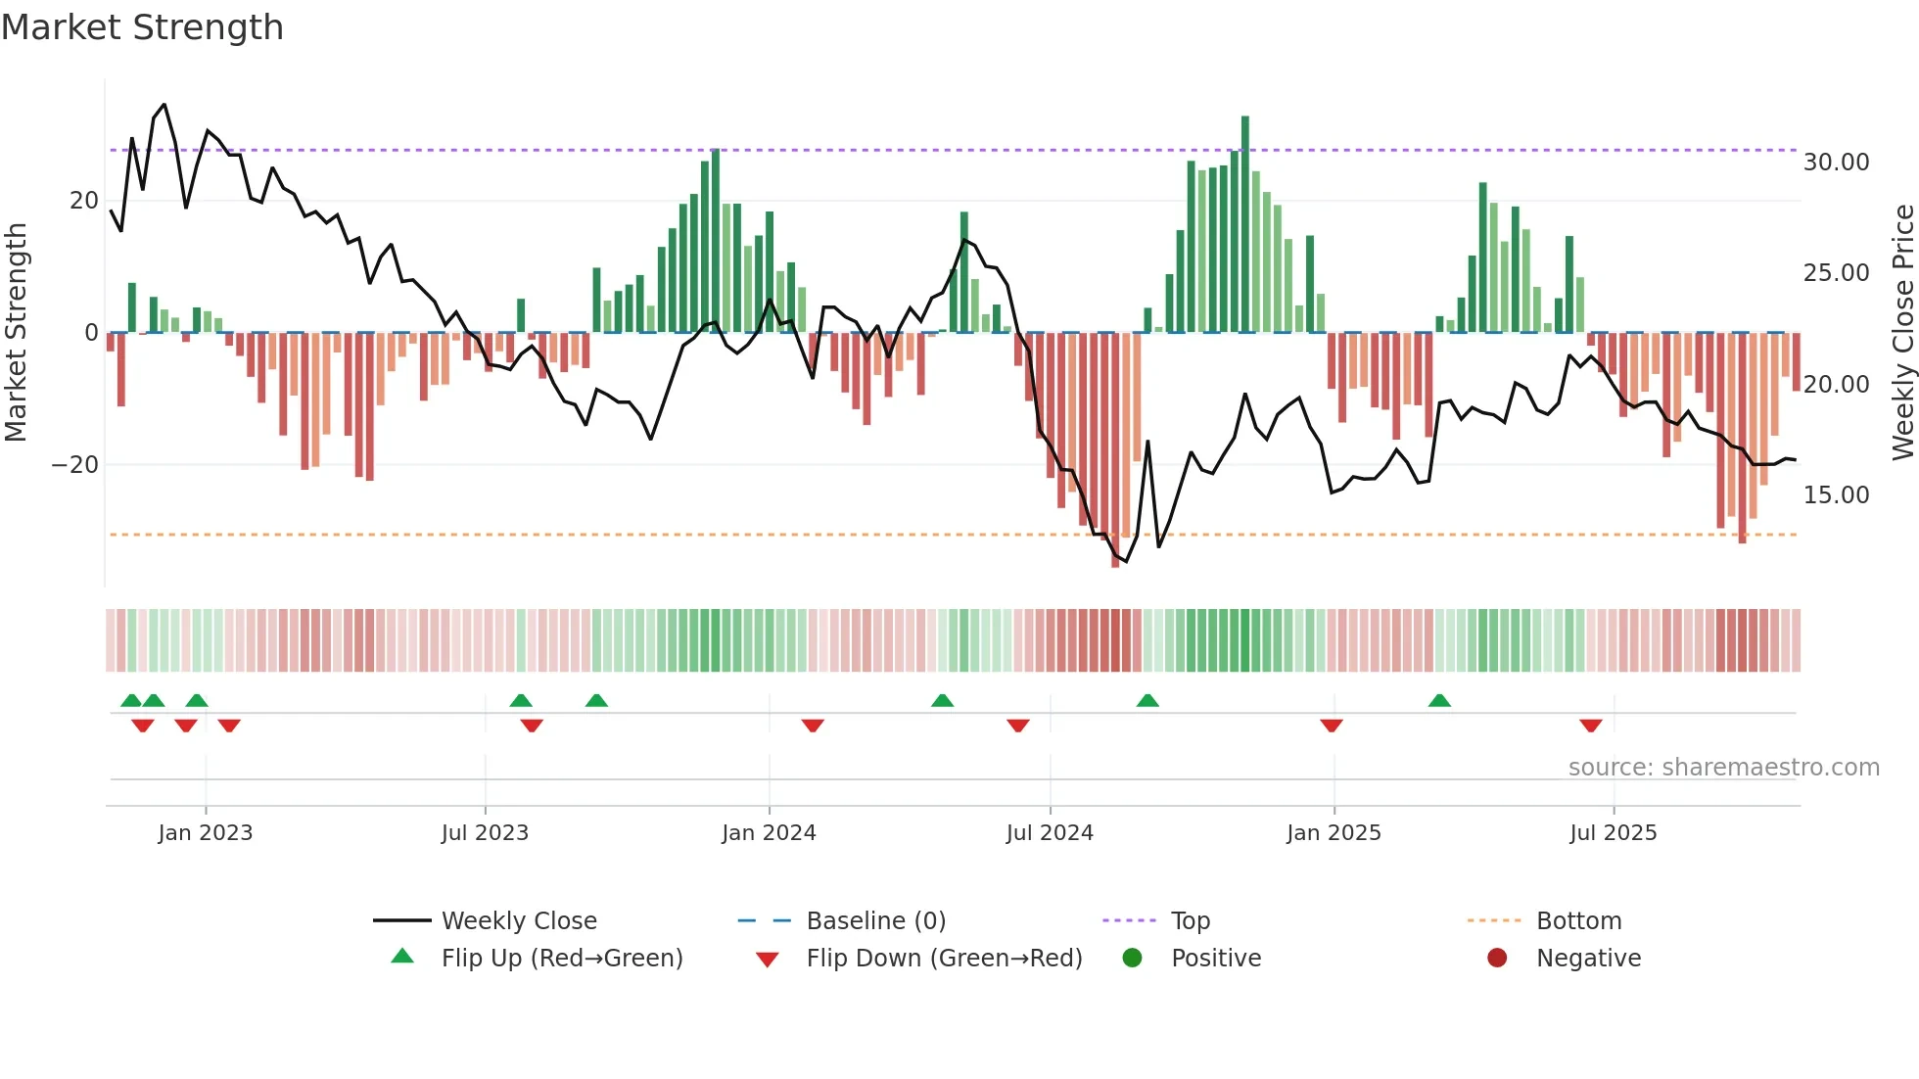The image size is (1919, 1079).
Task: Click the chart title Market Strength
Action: coord(142,27)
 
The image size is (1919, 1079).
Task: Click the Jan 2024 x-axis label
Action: coord(769,833)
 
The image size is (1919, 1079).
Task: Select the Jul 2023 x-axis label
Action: coord(485,833)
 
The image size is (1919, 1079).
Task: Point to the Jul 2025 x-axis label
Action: coord(1613,833)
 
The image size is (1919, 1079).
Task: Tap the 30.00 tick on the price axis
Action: coord(1836,163)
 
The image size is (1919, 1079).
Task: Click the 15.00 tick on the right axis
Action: coord(1836,495)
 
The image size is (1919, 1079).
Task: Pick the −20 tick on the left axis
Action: coord(75,465)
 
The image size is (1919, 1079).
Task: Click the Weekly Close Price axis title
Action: coord(1902,333)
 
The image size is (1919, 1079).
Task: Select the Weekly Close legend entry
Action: coord(518,921)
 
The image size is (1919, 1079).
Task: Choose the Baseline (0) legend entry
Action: coord(875,921)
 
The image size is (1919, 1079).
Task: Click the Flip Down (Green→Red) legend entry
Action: coord(944,959)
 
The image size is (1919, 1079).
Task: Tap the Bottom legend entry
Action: coord(1578,921)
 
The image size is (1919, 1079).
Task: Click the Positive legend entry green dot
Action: coord(1132,959)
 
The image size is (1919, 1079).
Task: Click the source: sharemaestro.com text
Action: coord(1723,768)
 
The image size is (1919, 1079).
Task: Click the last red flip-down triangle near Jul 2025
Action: coord(1590,726)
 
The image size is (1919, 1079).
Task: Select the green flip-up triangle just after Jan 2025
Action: coord(1439,701)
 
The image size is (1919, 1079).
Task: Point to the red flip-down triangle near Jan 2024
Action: coord(813,726)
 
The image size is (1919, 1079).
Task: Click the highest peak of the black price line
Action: coord(164,105)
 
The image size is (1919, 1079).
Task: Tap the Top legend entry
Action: coord(1190,921)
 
